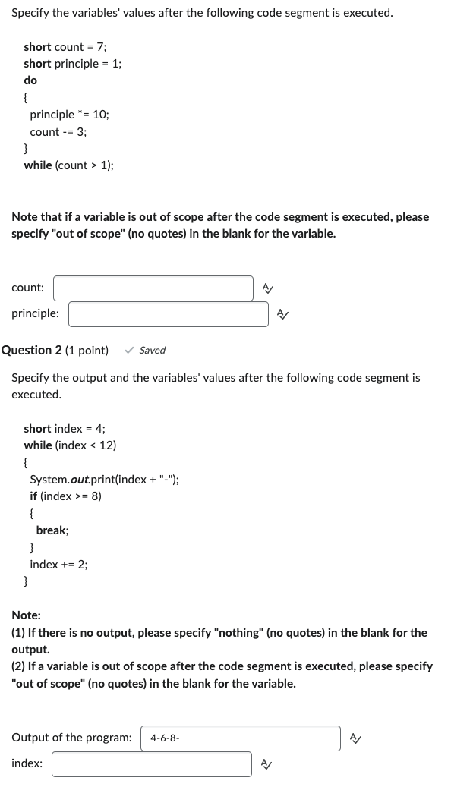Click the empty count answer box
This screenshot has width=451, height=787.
[x=153, y=288]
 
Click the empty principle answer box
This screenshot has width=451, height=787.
[x=168, y=314]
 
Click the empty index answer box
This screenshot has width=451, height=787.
[x=151, y=764]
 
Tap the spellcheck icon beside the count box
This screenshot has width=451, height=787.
[x=267, y=288]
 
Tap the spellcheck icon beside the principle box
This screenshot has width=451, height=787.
[x=282, y=314]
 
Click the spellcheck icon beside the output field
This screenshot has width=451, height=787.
[x=354, y=738]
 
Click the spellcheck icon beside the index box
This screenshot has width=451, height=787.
[x=266, y=764]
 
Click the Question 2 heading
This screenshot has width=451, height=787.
[x=55, y=350]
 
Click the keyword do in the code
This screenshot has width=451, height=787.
[x=30, y=80]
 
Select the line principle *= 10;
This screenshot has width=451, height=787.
[x=69, y=115]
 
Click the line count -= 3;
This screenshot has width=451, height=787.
[x=58, y=131]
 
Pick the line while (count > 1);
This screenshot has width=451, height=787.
[x=69, y=165]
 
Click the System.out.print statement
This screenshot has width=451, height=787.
[x=105, y=479]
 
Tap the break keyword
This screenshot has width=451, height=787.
[x=52, y=530]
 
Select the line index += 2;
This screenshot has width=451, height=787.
[x=58, y=564]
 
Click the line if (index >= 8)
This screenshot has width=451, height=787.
[x=65, y=496]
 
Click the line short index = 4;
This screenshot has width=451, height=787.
[x=65, y=429]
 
